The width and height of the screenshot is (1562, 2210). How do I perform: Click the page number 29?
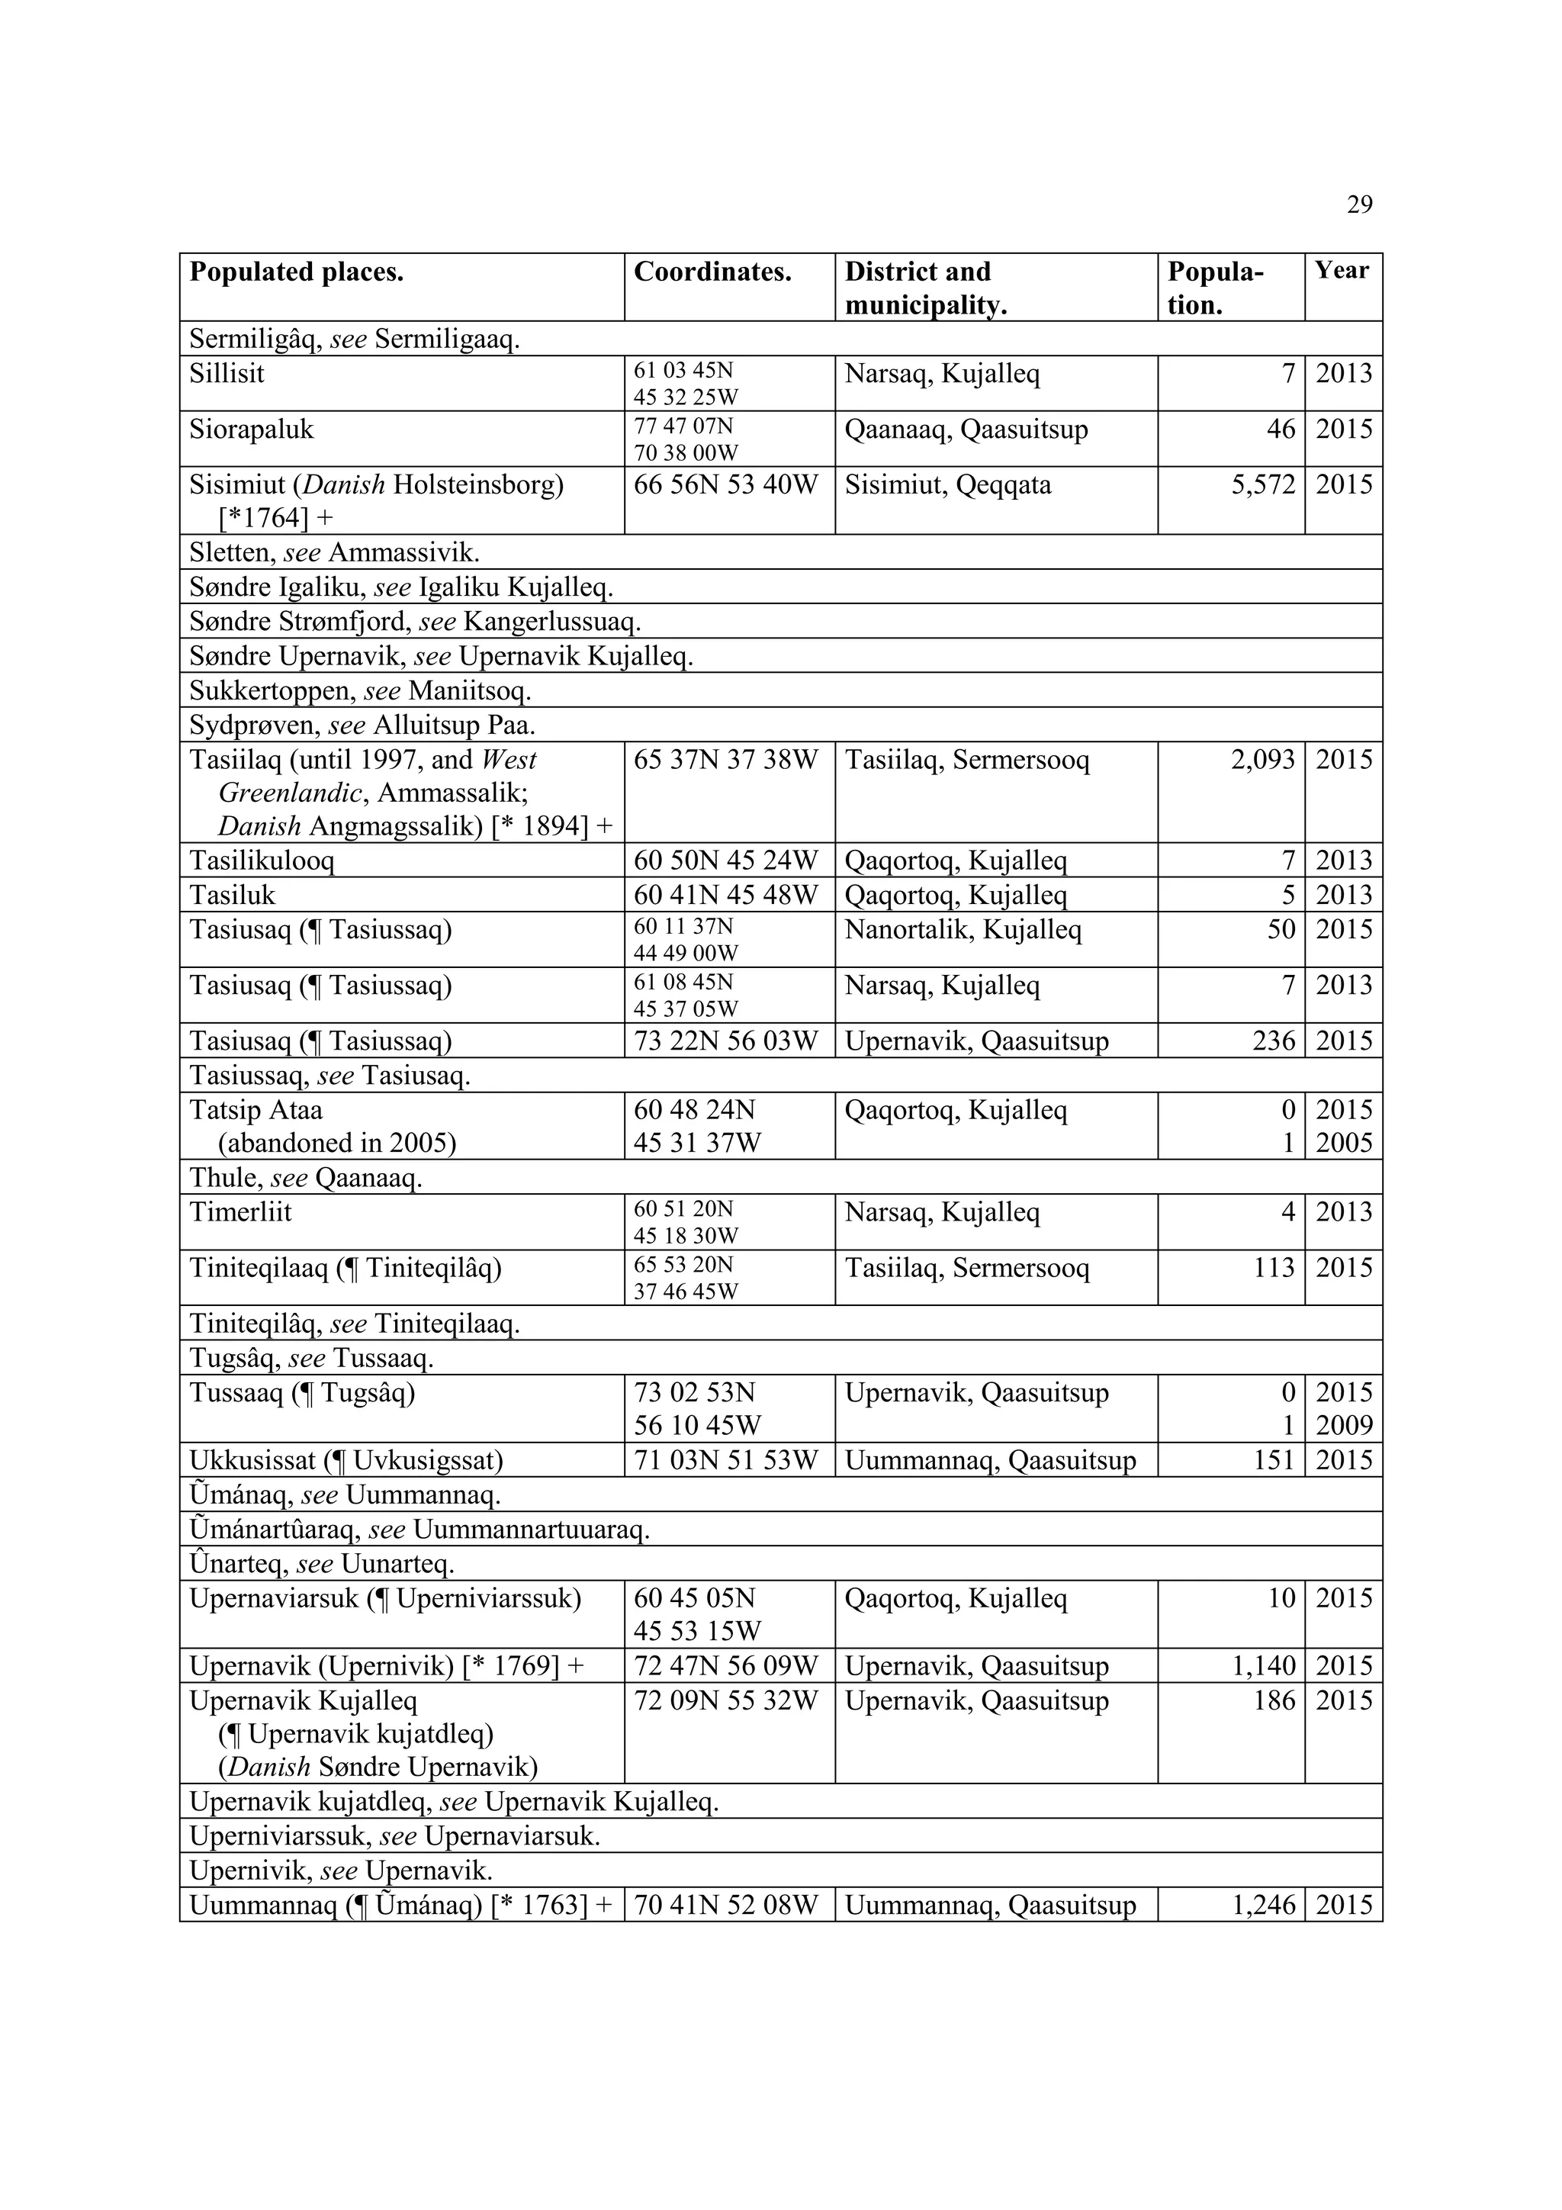[1359, 205]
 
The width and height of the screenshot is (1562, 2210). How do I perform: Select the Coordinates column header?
[712, 272]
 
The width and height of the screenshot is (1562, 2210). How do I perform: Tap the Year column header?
[1342, 271]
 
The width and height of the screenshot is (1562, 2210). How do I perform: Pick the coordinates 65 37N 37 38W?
[725, 761]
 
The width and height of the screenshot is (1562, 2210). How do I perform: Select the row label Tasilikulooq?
[262, 861]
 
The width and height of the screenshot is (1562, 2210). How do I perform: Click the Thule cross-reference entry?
[306, 1178]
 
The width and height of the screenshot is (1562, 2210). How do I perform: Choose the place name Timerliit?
[240, 1212]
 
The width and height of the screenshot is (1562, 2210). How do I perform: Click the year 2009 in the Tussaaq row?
[1344, 1426]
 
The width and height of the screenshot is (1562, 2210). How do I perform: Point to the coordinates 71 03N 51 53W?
[725, 1461]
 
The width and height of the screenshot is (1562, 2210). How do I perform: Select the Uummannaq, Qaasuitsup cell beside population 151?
[990, 1461]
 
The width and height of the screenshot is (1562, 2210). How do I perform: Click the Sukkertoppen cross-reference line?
[360, 691]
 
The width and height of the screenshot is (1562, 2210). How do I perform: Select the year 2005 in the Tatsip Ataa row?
[1344, 1144]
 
